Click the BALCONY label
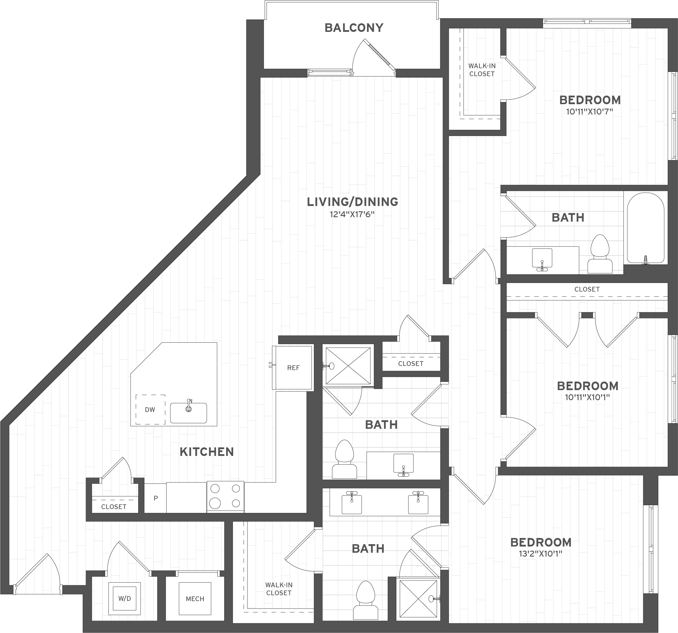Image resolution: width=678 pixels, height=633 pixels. pyautogui.click(x=354, y=28)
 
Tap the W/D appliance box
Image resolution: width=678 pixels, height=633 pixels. pyautogui.click(x=125, y=598)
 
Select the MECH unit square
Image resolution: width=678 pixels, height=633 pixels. pyautogui.click(x=195, y=598)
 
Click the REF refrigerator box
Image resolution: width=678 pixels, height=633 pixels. pyautogui.click(x=293, y=367)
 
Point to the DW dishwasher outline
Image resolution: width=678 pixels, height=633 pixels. pyautogui.click(x=150, y=409)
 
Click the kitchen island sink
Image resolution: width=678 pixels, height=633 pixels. pyautogui.click(x=188, y=413)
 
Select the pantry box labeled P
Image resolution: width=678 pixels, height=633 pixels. pyautogui.click(x=156, y=498)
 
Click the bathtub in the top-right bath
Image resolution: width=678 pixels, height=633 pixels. pyautogui.click(x=645, y=228)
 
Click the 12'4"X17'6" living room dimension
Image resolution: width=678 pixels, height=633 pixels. pyautogui.click(x=352, y=215)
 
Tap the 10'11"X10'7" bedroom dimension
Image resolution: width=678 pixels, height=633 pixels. pyautogui.click(x=589, y=112)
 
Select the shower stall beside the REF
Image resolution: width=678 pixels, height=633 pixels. pyautogui.click(x=348, y=366)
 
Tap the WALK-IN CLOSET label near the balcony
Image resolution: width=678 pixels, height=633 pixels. pyautogui.click(x=482, y=70)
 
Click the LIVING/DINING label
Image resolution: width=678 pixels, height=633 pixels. pyautogui.click(x=352, y=202)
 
